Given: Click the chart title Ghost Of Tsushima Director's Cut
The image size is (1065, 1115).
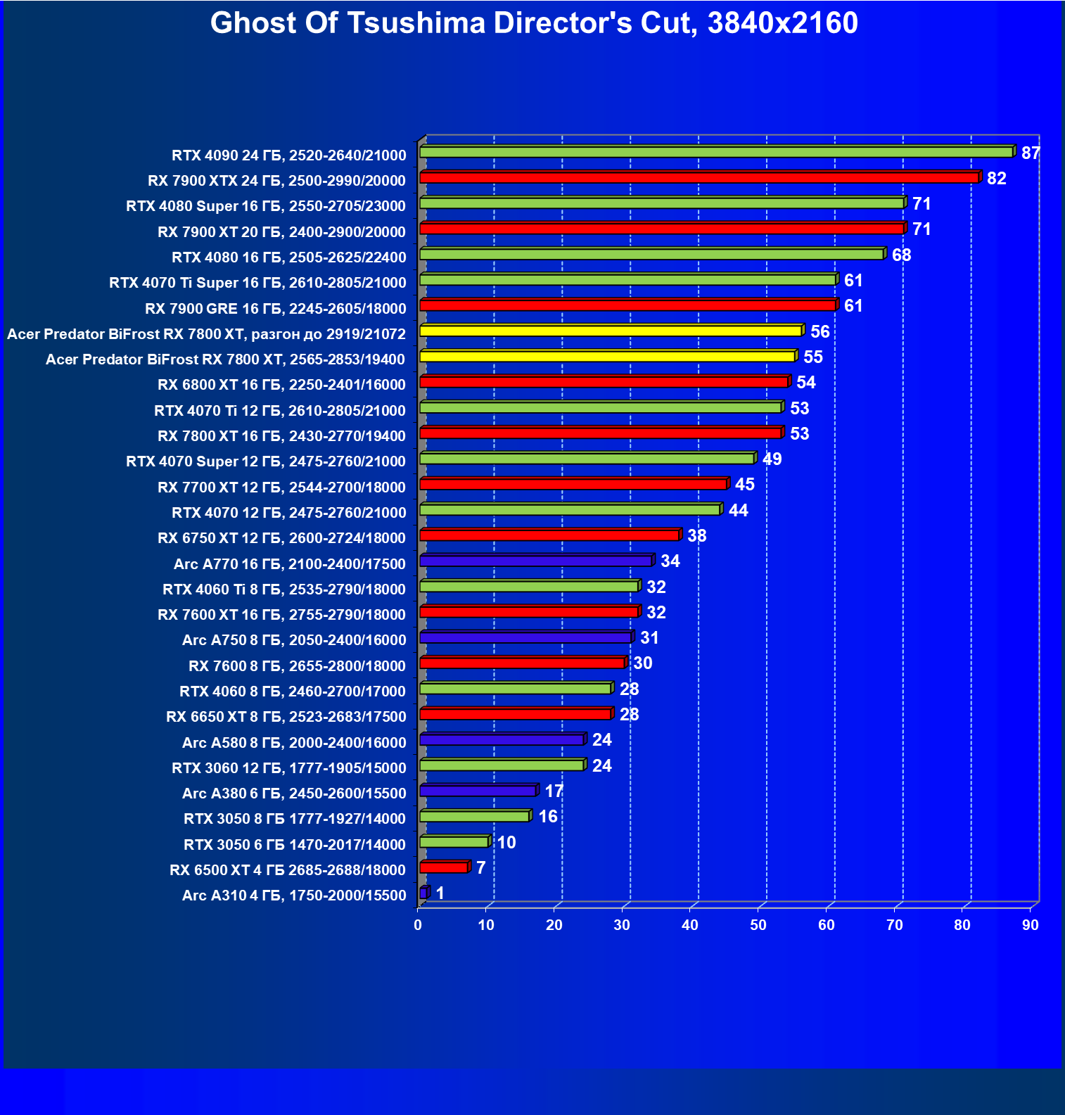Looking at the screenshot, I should [533, 23].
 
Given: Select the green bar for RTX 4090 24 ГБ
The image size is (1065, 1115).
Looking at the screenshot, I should [715, 152].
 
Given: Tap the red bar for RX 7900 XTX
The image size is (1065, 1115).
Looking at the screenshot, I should [699, 177].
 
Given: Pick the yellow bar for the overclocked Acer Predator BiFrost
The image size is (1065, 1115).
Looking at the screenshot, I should [610, 331].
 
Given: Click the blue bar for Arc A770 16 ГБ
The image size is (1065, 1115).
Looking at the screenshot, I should [535, 561].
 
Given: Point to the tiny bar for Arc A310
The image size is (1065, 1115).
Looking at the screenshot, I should [423, 893].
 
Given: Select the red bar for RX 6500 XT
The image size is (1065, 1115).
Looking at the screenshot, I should [443, 867].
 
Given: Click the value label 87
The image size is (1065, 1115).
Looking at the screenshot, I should [1031, 153].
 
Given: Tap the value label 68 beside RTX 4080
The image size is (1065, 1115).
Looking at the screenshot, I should [901, 255].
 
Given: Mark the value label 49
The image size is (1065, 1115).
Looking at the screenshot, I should [772, 459].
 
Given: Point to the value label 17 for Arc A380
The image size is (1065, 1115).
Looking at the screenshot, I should [554, 791].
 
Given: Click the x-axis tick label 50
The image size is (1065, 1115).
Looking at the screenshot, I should [758, 925].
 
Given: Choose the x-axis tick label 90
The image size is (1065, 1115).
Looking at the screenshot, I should [1031, 925].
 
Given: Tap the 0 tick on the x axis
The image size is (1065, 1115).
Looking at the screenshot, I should [418, 925].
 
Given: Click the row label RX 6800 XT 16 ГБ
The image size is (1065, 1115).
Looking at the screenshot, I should [281, 385].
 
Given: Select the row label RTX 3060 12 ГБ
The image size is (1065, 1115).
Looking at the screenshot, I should [288, 768].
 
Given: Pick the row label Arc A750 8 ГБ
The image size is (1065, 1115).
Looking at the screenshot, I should [294, 640].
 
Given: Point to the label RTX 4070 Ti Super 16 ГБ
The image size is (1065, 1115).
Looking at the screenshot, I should [257, 283].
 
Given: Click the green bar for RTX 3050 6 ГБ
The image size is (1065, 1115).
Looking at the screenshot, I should [454, 842].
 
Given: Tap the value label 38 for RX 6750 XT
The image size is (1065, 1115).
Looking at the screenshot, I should [696, 536].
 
